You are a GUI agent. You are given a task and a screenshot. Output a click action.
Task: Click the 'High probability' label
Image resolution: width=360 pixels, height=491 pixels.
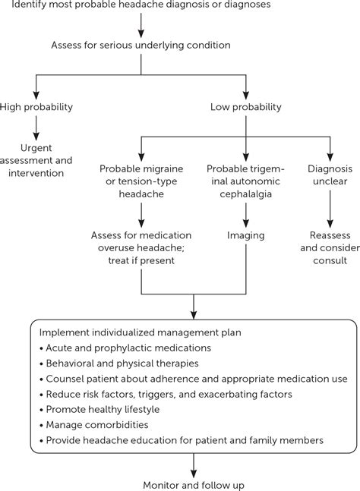(x=36, y=107)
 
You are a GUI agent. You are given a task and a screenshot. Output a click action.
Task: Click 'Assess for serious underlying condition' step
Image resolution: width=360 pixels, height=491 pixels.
(x=141, y=45)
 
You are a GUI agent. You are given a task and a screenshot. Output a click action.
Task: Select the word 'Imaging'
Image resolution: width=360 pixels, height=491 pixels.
(x=245, y=235)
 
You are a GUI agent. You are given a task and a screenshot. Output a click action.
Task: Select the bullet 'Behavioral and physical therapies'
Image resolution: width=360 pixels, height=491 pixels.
(x=122, y=363)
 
